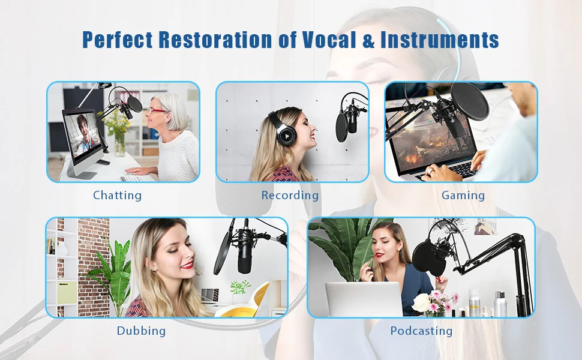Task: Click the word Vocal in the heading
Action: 329,40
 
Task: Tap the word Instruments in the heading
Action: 439,40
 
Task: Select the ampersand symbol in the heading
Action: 368,40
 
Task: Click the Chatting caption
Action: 117,196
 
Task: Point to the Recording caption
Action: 290,195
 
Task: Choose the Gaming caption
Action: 463,196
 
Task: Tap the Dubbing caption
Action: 141,331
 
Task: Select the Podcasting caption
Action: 421,331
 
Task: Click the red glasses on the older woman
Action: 157,110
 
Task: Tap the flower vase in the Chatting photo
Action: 119,145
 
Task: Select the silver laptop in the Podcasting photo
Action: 364,299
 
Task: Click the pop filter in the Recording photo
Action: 341,127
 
